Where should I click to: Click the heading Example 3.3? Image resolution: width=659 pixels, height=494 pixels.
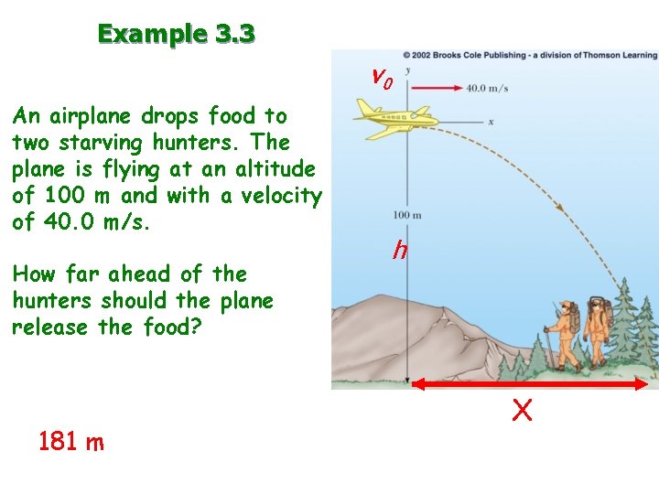coord(177,35)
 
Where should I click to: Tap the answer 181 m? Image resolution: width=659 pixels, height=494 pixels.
coord(71,443)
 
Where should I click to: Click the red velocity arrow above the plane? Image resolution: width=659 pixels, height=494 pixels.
coord(436,88)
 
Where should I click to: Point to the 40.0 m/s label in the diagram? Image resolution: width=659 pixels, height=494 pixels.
coord(487,89)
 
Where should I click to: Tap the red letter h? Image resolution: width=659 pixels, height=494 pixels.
coord(400,249)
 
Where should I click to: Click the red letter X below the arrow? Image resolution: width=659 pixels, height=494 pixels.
coord(522,412)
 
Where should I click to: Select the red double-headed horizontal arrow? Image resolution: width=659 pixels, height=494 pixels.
coord(530,386)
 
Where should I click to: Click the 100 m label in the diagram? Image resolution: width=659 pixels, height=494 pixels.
coord(407,215)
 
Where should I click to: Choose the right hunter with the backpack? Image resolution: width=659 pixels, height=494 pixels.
coord(598,329)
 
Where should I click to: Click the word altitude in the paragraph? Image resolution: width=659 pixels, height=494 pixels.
coord(272,169)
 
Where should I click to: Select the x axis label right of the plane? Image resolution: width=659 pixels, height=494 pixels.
coord(492,122)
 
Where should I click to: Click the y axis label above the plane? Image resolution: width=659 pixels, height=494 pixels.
coord(406,70)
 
